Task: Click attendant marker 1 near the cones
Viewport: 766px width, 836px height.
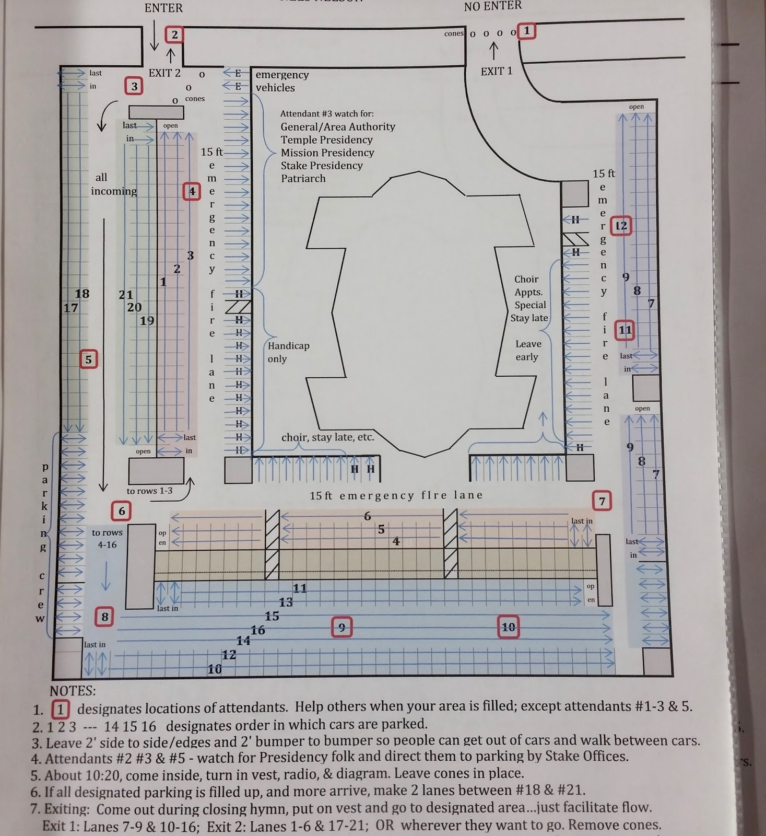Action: [x=527, y=31]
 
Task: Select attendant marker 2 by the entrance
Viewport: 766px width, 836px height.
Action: [x=174, y=34]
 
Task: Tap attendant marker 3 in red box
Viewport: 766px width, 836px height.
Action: [x=134, y=86]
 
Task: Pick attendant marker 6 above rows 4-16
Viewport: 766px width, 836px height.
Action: [x=122, y=510]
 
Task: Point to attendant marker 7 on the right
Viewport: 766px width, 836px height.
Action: [x=602, y=502]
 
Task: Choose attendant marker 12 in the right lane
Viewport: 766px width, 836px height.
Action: [x=621, y=226]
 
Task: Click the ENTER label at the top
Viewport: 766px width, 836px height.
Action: [x=163, y=8]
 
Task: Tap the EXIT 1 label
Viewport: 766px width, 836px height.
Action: [x=497, y=71]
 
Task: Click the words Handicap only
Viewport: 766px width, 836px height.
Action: [x=288, y=352]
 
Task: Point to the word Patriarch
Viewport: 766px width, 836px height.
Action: [x=303, y=178]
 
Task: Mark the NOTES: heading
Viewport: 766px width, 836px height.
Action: [x=73, y=691]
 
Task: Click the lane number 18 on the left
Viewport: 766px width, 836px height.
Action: [x=82, y=294]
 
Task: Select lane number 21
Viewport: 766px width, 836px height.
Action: [x=126, y=295]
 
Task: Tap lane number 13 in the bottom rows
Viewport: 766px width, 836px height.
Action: [x=286, y=602]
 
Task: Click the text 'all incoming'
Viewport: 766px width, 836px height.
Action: [x=113, y=184]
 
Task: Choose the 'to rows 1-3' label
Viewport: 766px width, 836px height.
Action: [x=149, y=491]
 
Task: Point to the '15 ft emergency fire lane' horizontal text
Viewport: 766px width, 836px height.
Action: [x=396, y=495]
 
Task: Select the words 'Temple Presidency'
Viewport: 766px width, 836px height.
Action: [x=326, y=140]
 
